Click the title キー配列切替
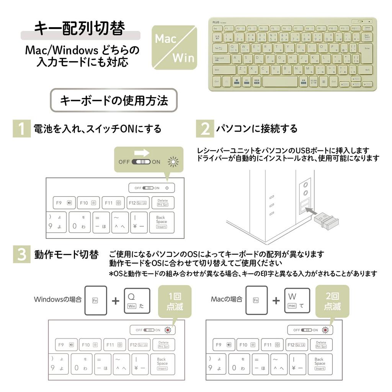click(80, 29)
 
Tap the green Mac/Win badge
click(174, 48)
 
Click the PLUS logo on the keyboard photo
click(217, 22)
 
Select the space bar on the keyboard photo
click(280, 81)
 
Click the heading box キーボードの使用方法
click(114, 100)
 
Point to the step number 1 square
click(21, 129)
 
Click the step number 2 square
click(205, 129)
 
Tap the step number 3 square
click(21, 255)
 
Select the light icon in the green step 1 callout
click(173, 162)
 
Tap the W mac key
click(297, 300)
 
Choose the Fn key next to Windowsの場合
click(95, 300)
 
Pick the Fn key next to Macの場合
click(256, 300)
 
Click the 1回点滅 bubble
click(175, 301)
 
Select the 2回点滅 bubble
click(332, 301)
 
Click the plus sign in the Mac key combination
click(276, 301)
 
